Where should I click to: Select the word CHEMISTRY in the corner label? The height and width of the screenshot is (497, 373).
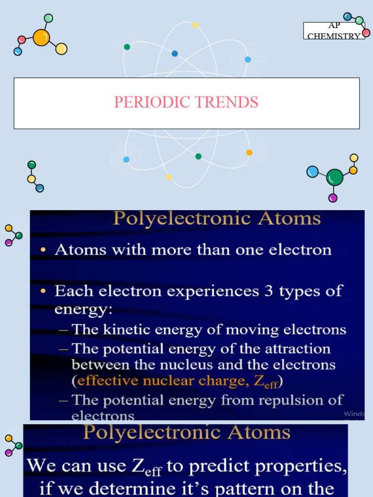(x=334, y=36)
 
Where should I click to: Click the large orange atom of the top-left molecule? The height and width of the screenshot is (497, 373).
(x=42, y=37)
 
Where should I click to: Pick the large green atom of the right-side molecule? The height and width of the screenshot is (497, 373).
(x=335, y=178)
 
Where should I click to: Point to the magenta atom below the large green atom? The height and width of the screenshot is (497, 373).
(x=333, y=198)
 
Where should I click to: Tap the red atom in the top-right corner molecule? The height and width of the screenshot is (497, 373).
(x=366, y=33)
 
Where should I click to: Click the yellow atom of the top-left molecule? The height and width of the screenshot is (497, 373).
(x=61, y=49)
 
